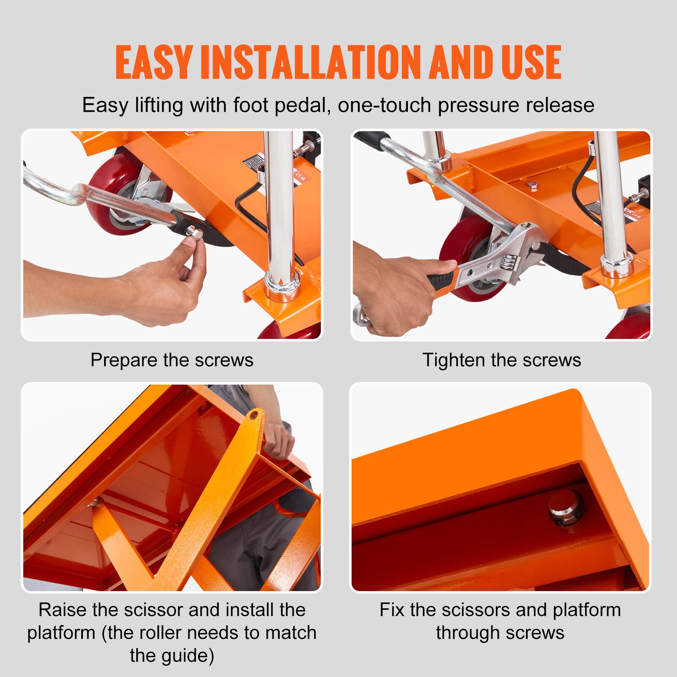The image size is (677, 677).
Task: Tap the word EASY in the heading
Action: coord(154,63)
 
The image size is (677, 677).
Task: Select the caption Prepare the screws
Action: coord(172,360)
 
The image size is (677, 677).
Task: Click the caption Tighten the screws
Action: coord(501,360)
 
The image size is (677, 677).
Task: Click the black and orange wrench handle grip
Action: coord(442,281)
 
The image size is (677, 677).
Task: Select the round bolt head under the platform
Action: coord(566,508)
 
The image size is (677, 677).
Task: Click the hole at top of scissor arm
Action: coord(254,416)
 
